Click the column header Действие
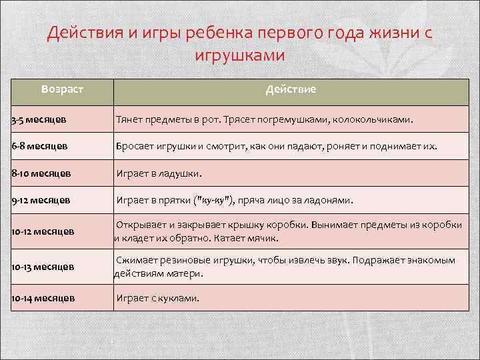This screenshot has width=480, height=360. click(x=291, y=89)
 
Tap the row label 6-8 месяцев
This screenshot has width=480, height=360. click(x=39, y=145)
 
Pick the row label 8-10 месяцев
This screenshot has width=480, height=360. click(x=41, y=173)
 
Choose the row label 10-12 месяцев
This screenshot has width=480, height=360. click(x=43, y=231)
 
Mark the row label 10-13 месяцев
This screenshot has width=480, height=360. click(x=43, y=267)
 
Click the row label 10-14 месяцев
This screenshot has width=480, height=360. click(x=43, y=297)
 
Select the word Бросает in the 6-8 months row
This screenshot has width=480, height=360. click(x=135, y=145)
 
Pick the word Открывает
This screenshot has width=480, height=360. click(x=143, y=225)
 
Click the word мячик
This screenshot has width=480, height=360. click(x=263, y=238)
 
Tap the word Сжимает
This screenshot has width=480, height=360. click(x=138, y=260)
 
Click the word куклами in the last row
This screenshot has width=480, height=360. click(x=179, y=297)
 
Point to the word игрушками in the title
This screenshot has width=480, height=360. click(x=239, y=55)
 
